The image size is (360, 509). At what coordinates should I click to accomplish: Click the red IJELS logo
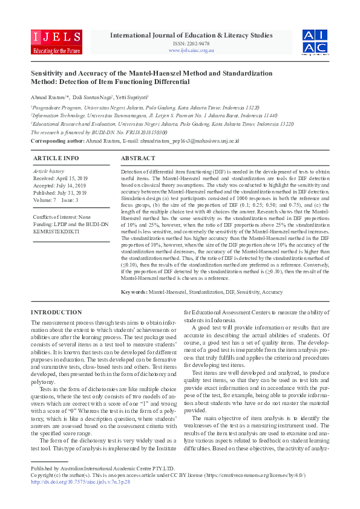(x=56, y=41)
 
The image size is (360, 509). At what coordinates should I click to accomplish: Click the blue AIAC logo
(x=315, y=41)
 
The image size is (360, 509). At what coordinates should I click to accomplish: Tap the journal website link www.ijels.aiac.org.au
(x=191, y=50)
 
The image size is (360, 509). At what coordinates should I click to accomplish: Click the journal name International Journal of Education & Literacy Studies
(x=191, y=36)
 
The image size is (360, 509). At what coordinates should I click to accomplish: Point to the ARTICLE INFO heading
(x=56, y=158)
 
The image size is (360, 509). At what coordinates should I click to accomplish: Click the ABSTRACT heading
(x=138, y=158)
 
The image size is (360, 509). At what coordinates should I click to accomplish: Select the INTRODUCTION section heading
(x=56, y=312)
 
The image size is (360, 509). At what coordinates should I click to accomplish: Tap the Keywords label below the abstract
(x=134, y=292)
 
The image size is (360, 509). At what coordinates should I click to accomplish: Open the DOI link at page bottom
(x=82, y=482)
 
